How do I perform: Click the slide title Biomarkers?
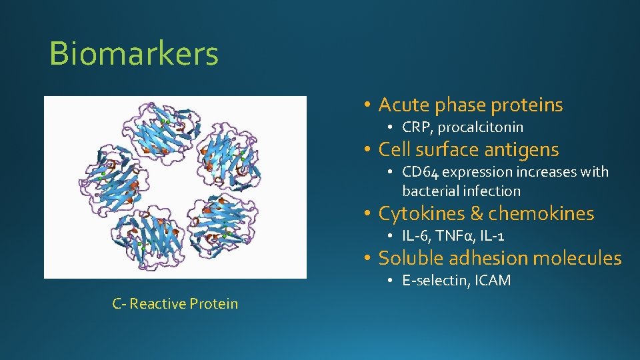click(133, 54)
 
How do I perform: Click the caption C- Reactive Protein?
click(175, 304)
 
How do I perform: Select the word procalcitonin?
click(480, 127)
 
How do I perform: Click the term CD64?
click(421, 172)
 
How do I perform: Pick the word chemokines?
click(541, 213)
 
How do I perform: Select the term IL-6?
click(416, 236)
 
